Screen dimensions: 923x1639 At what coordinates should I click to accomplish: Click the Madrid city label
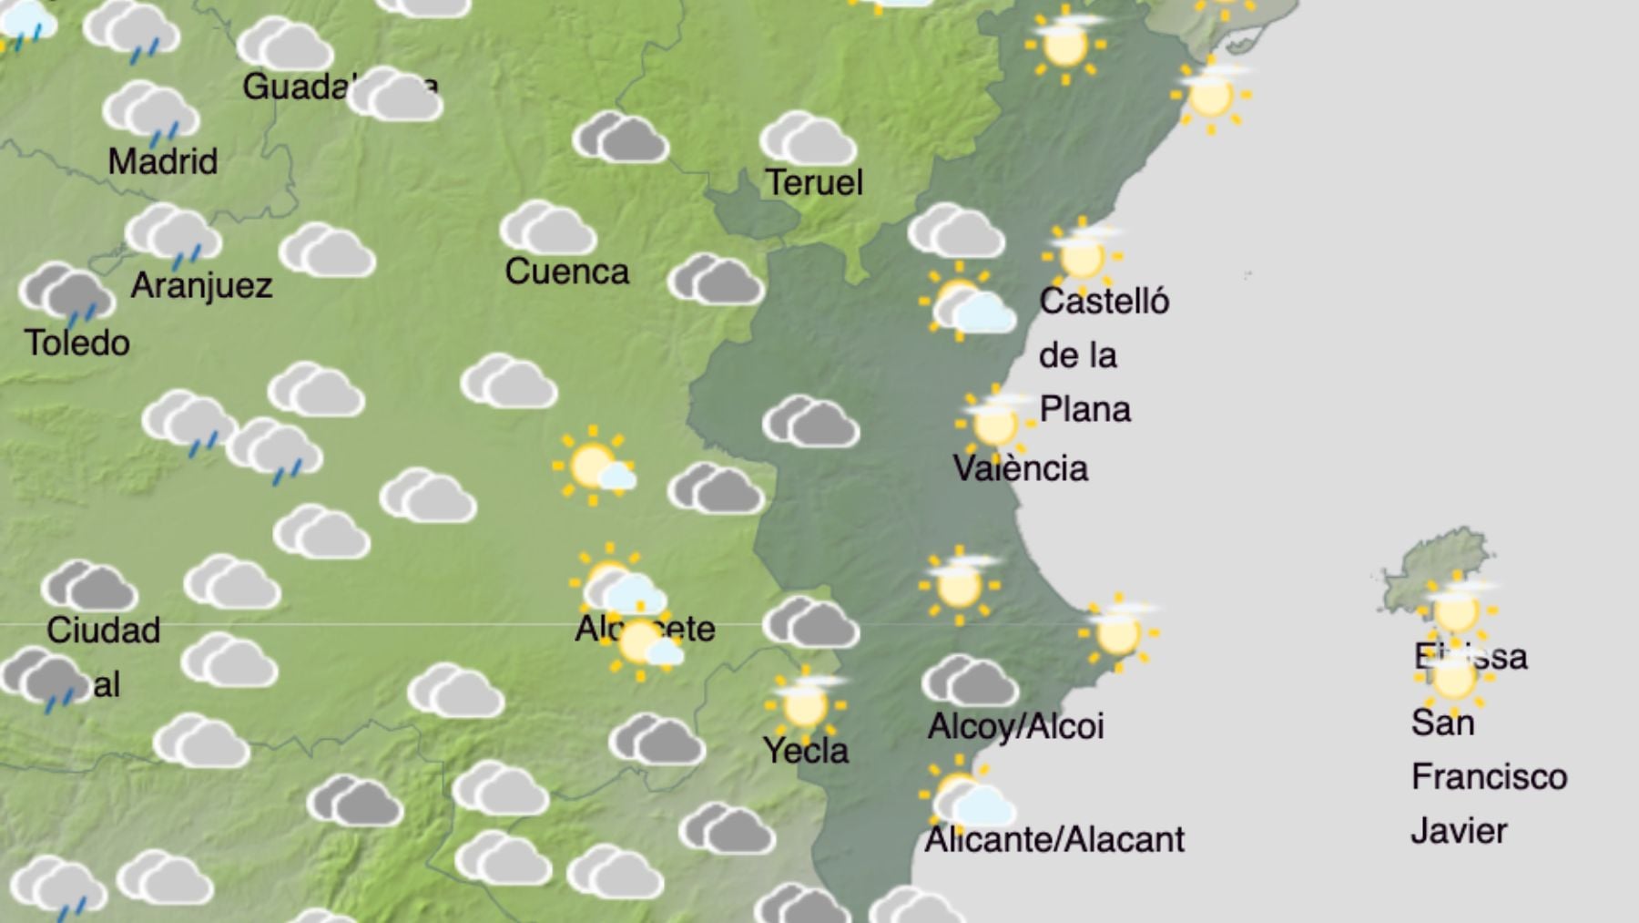click(x=163, y=162)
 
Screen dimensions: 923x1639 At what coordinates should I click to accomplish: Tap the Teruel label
click(x=813, y=182)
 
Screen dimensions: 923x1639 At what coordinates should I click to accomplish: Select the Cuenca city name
click(x=566, y=272)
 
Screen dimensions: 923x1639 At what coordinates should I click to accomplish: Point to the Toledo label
click(x=77, y=344)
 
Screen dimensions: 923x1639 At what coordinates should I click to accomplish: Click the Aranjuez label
click(x=201, y=286)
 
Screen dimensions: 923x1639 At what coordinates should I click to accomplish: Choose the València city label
click(x=1020, y=468)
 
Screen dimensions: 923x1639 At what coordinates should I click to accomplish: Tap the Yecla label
click(x=806, y=751)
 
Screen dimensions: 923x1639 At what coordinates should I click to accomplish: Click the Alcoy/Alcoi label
click(x=1015, y=726)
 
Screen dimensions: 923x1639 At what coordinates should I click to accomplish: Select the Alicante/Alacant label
click(x=1054, y=839)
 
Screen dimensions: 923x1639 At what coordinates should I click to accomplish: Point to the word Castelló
click(x=1104, y=302)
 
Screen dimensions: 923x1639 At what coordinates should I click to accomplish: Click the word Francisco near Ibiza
click(x=1489, y=777)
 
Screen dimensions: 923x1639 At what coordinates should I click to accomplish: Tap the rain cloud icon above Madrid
click(x=151, y=112)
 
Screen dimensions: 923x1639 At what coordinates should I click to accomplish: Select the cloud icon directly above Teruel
click(x=808, y=138)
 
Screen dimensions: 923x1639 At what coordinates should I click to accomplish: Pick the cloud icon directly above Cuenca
click(x=547, y=228)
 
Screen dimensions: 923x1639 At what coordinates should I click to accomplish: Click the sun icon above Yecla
click(x=805, y=703)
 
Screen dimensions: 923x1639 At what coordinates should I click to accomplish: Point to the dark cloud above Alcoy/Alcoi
click(x=970, y=681)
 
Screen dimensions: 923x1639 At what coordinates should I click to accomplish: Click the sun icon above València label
click(x=994, y=423)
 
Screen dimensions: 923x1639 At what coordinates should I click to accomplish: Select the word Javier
click(x=1459, y=831)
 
